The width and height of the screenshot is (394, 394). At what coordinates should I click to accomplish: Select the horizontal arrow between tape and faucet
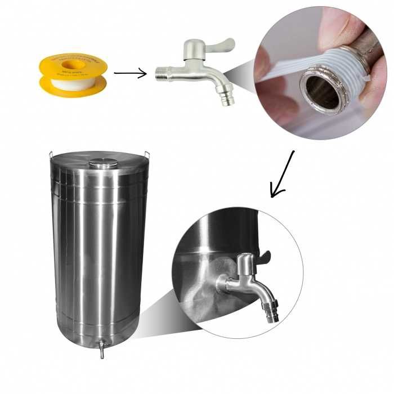130,73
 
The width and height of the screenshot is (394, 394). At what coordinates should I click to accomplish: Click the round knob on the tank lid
104,163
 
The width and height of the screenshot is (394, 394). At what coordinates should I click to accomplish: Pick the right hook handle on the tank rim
148,154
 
